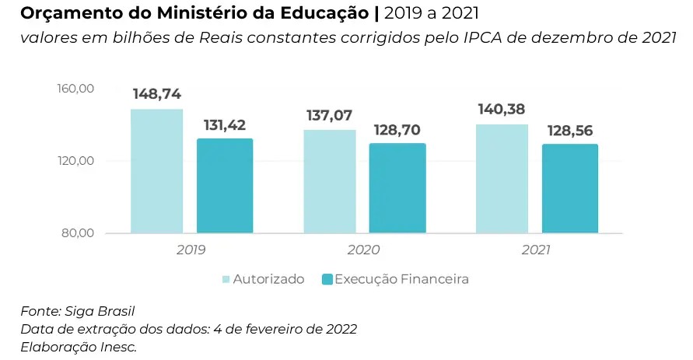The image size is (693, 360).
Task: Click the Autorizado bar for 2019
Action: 156,171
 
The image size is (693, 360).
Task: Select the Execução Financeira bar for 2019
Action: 225,186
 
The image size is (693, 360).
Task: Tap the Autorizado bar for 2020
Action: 330,181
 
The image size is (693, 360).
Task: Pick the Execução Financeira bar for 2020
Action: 397,188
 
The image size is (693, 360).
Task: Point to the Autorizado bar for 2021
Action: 502,179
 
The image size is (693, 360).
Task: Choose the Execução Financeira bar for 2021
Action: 570,188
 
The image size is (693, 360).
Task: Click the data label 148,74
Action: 157,94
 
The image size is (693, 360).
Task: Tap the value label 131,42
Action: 226,124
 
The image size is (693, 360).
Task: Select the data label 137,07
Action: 330,115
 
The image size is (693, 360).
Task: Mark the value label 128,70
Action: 397,129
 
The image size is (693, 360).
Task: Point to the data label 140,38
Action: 502,110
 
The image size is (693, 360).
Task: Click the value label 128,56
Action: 570,130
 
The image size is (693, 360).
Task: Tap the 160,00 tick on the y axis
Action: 76,89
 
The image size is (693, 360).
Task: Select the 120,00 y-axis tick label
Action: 76,161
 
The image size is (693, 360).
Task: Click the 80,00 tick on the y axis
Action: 79,233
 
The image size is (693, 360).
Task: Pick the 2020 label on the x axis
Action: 363,250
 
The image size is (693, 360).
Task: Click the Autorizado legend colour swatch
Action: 226,279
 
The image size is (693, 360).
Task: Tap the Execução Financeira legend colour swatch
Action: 327,279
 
